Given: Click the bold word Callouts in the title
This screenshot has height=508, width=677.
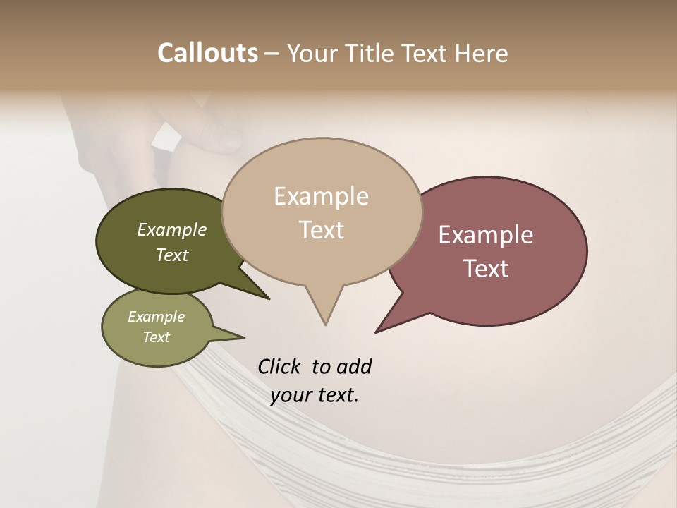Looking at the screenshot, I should point(207,53).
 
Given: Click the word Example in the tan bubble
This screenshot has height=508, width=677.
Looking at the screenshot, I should point(321,196).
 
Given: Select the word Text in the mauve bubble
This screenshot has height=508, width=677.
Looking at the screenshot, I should point(486,269).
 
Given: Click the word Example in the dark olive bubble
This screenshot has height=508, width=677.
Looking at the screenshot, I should point(172,229).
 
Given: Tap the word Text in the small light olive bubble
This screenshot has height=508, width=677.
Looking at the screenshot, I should point(157,337).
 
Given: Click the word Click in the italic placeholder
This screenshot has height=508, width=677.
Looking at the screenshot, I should point(280,366).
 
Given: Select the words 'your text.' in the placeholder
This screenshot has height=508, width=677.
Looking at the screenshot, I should point(315,395).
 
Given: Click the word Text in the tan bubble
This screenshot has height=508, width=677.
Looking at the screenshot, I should point(322,230).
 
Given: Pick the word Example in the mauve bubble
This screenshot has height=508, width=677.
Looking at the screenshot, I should point(486,235).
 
